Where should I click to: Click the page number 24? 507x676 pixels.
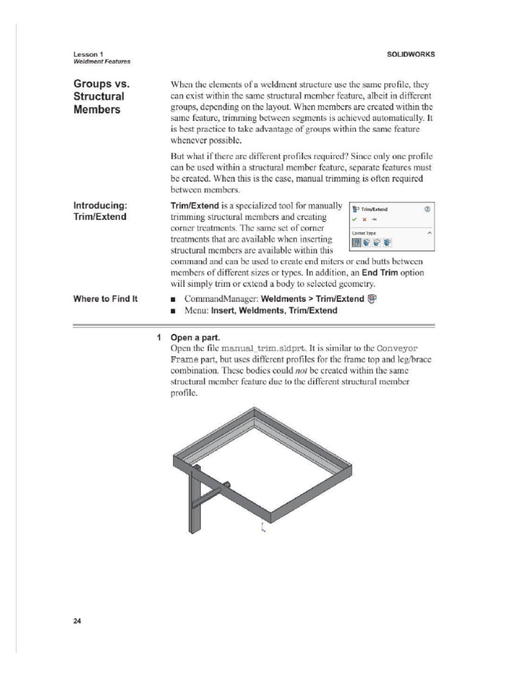click(x=77, y=621)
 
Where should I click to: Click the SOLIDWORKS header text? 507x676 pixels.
click(x=411, y=54)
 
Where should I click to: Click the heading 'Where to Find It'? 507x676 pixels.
click(x=106, y=299)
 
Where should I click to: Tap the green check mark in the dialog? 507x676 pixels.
click(x=355, y=219)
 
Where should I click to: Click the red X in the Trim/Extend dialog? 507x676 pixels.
click(x=364, y=219)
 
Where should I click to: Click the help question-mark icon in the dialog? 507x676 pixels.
click(x=428, y=209)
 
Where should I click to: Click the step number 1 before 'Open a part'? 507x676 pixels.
click(x=160, y=337)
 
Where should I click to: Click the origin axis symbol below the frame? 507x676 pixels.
click(x=263, y=527)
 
